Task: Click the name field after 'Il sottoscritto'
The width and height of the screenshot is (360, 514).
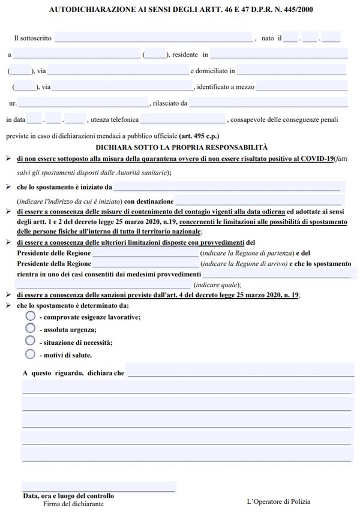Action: coord(154,38)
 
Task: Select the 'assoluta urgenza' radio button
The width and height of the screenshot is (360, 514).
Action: coord(31,328)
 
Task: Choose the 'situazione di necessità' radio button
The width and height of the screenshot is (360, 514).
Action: coord(31,340)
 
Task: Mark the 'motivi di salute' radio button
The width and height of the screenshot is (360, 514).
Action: coord(31,353)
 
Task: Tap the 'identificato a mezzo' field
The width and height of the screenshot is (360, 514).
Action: coord(302,86)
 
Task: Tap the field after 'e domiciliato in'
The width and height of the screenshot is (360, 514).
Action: coord(292,70)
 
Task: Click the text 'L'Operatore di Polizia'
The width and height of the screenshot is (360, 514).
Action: coord(278,501)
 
